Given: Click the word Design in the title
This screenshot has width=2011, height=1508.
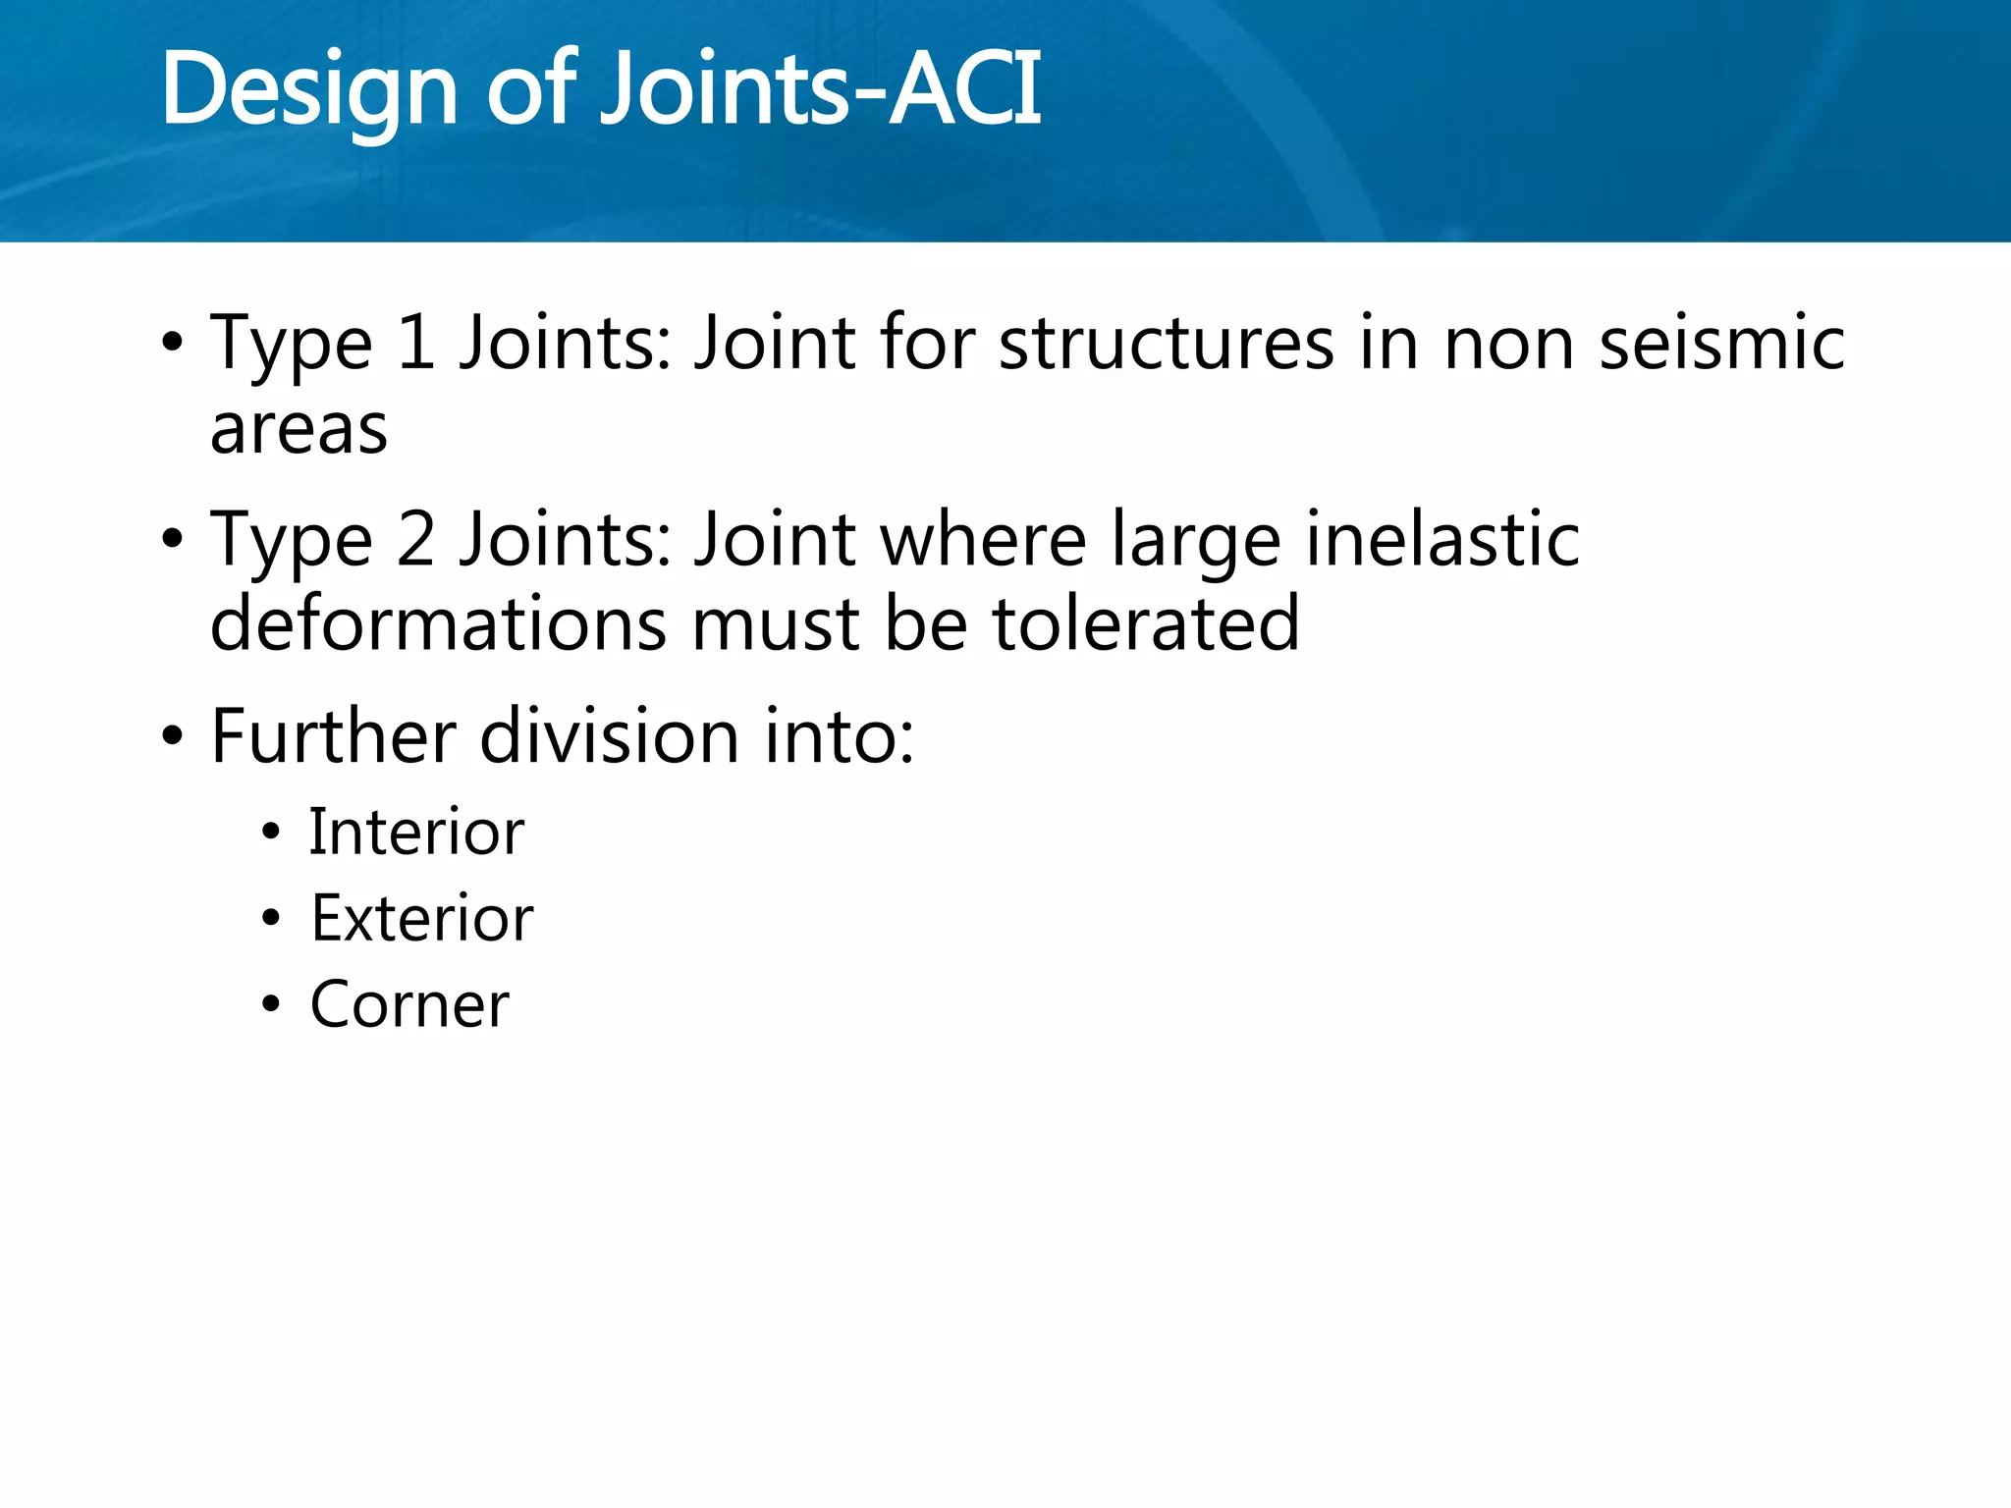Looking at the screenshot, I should pos(308,90).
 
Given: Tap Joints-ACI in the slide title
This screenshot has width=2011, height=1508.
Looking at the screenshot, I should pos(820,90).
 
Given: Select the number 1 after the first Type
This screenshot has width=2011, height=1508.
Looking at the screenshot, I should pos(416,343).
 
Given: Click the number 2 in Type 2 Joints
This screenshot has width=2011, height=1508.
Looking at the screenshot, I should pos(416,540).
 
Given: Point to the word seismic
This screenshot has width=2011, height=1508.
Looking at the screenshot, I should pos(1721,343).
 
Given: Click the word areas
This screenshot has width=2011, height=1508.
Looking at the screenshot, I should pos(299,430).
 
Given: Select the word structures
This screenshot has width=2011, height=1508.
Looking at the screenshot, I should pos(1167,343).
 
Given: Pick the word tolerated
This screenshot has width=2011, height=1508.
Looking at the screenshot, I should pos(1146,624).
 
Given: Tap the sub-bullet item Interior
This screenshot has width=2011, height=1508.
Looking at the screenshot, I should pos(416,833).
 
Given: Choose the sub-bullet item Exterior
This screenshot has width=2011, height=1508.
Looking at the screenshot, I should pos(422,919).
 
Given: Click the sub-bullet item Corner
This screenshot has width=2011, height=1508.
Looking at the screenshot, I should pos(409,1005).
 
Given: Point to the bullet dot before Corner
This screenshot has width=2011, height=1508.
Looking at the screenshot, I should pos(271,1005).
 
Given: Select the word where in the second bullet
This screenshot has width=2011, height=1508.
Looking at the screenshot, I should pos(983,540).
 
